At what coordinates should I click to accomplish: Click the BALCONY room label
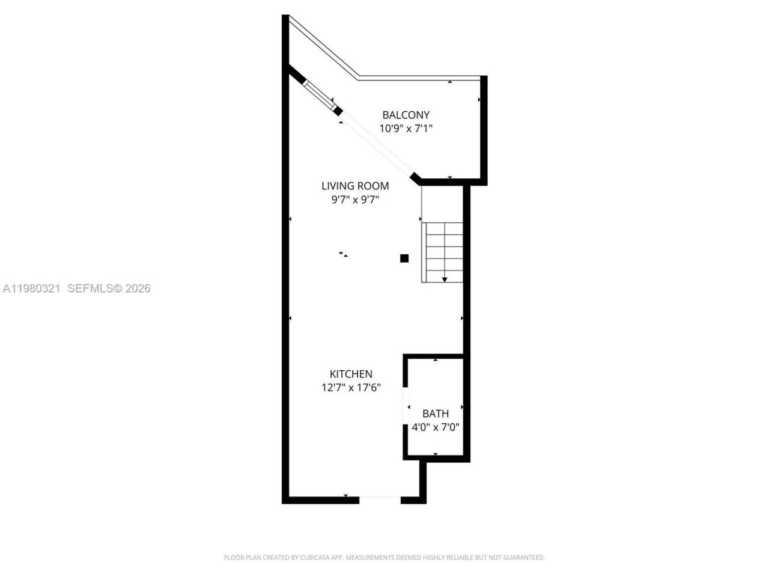(x=406, y=115)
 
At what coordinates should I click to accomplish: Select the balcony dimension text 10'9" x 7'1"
(x=406, y=128)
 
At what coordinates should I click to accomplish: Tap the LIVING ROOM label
(x=355, y=186)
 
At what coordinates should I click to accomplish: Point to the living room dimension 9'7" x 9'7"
(x=355, y=200)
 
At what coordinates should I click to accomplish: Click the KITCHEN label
(x=351, y=374)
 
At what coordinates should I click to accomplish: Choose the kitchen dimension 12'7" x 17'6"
(x=351, y=388)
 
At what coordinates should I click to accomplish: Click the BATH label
(x=436, y=414)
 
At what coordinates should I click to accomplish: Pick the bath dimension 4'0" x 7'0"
(x=436, y=427)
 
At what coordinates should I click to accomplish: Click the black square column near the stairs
(x=404, y=258)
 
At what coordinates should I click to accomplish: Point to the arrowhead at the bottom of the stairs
(x=445, y=279)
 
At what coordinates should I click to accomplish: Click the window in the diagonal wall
(x=318, y=93)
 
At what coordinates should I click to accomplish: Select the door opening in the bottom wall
(x=379, y=498)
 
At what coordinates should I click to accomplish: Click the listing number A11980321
(x=31, y=288)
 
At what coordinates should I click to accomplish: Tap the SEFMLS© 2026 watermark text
(x=109, y=288)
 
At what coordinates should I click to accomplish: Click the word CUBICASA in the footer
(x=308, y=558)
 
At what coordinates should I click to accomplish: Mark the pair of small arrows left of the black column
(x=343, y=254)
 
